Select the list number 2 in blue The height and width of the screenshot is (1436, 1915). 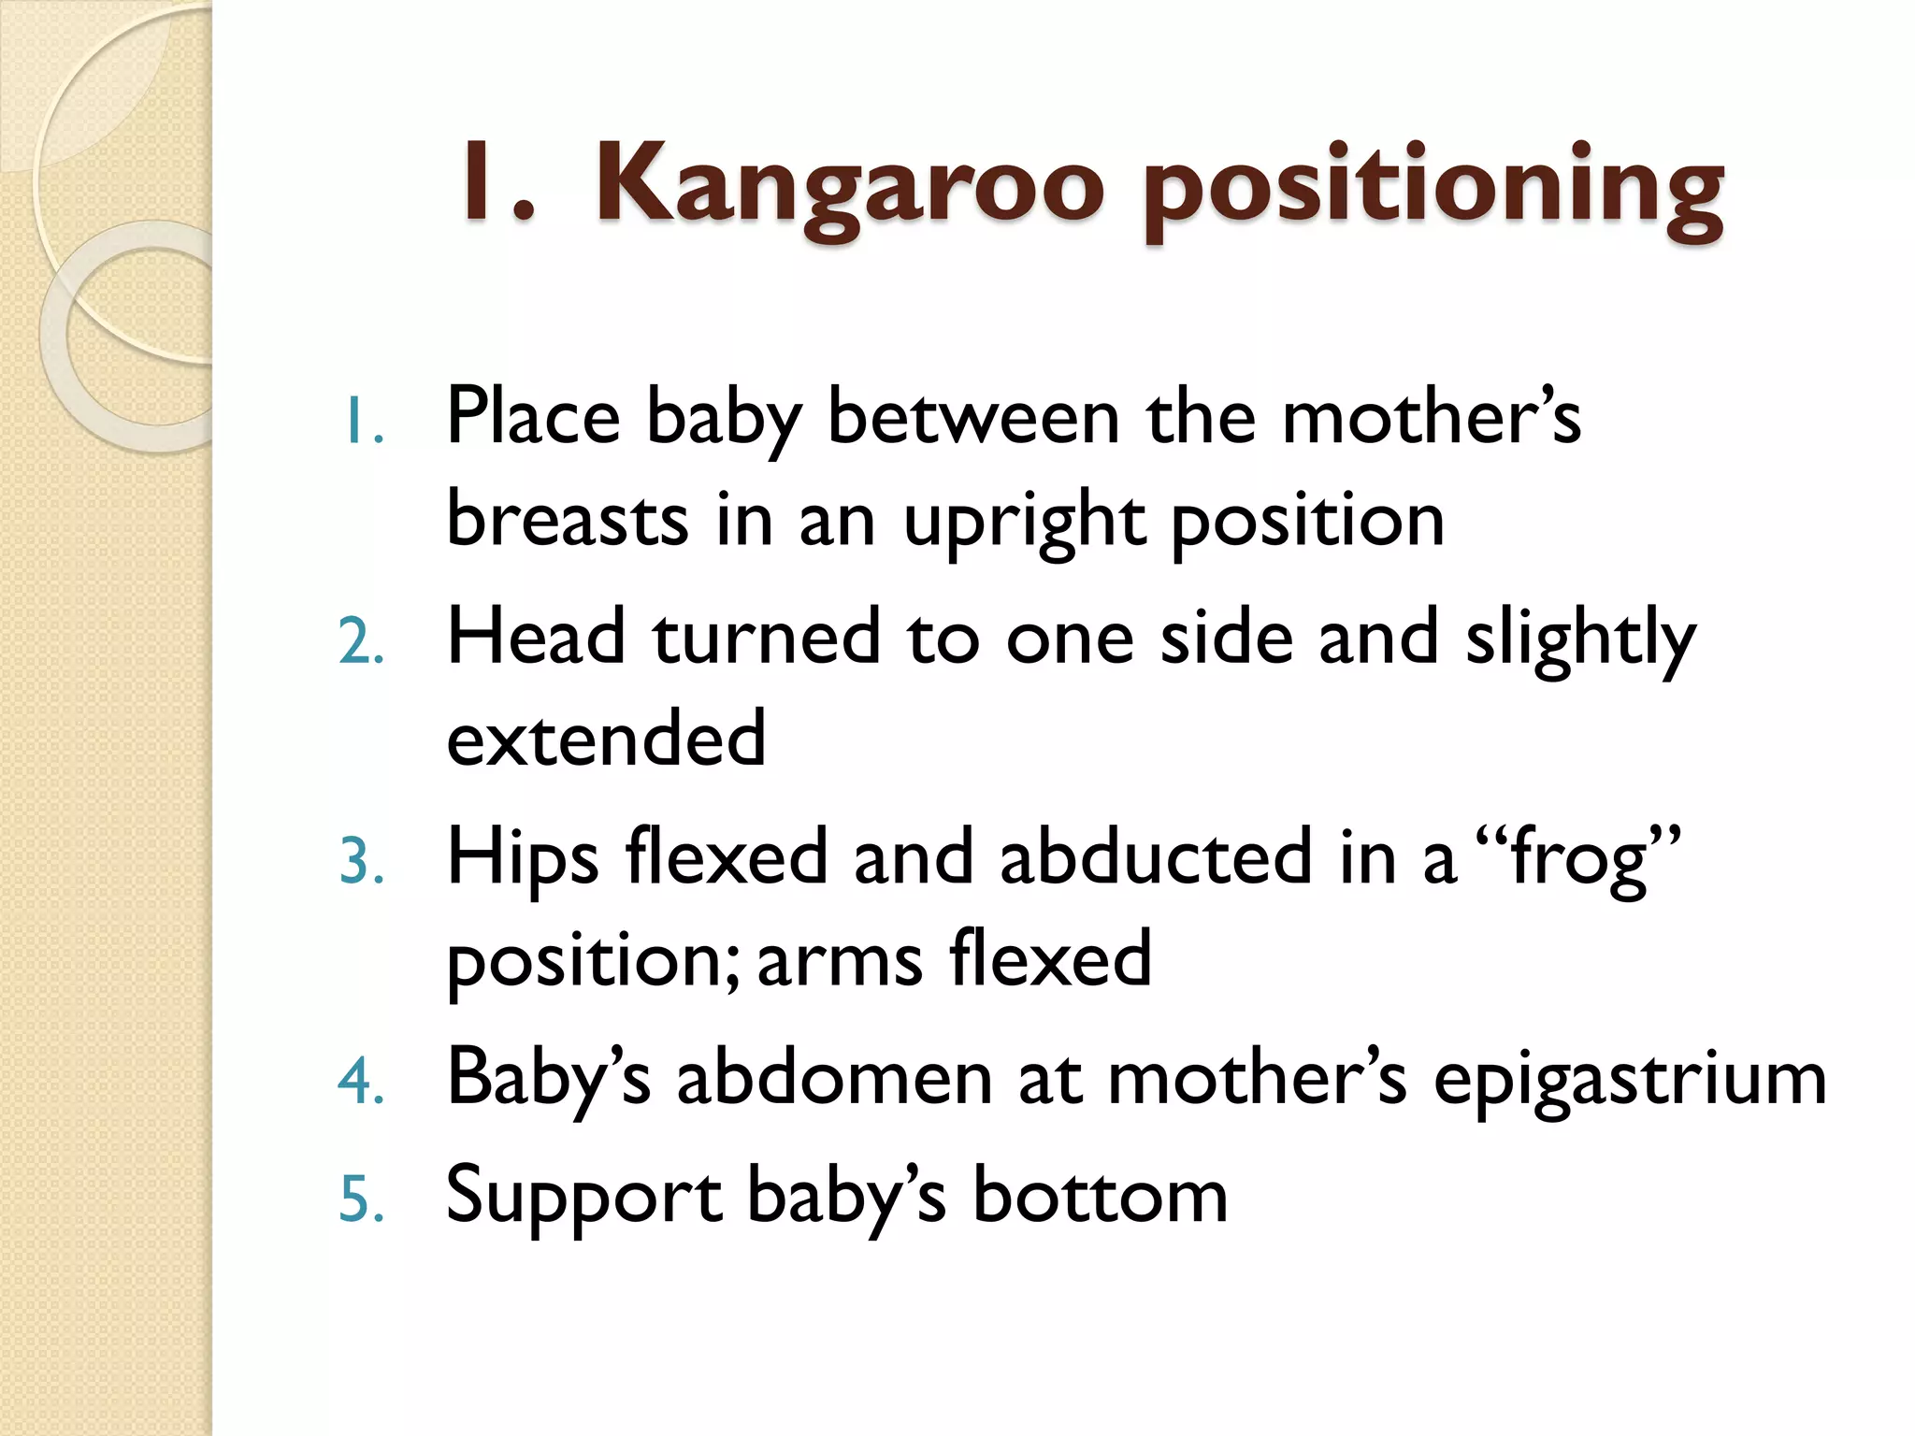[x=361, y=643]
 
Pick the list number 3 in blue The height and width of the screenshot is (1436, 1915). [x=361, y=862]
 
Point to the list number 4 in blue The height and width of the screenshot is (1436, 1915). [x=361, y=1083]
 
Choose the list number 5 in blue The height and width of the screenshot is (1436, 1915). [x=361, y=1199]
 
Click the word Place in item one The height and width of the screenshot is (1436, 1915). [x=533, y=417]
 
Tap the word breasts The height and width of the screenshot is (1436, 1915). [x=568, y=520]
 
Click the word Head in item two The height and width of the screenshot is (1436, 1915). [x=536, y=638]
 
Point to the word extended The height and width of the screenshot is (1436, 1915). [x=606, y=739]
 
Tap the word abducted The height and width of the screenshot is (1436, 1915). [x=1156, y=857]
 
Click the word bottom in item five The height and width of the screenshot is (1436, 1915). [x=1100, y=1197]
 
